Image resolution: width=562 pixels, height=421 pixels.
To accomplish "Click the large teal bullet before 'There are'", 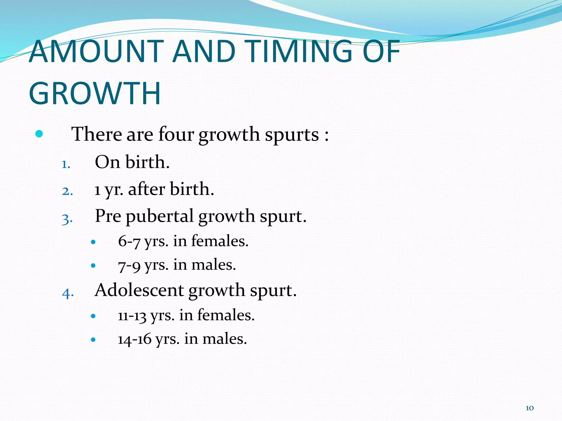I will tap(39, 134).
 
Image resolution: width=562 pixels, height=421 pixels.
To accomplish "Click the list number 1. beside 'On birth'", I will tap(66, 164).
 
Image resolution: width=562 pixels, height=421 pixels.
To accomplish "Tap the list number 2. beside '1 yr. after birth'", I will tap(68, 191).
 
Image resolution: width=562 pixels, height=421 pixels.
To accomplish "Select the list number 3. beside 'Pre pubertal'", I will tap(68, 219).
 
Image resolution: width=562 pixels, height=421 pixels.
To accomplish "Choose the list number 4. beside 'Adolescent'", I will tap(68, 293).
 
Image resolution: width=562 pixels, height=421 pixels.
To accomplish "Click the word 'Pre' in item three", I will tap(108, 216).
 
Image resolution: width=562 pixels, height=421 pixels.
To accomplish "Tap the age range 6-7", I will tap(129, 241).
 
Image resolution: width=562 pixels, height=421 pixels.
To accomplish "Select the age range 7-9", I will tap(129, 265).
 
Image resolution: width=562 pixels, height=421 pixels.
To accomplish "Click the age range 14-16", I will tap(135, 339).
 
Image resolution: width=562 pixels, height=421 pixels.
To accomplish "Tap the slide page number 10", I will tap(530, 408).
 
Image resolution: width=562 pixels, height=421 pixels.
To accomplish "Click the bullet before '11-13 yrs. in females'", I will tap(93, 316).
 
